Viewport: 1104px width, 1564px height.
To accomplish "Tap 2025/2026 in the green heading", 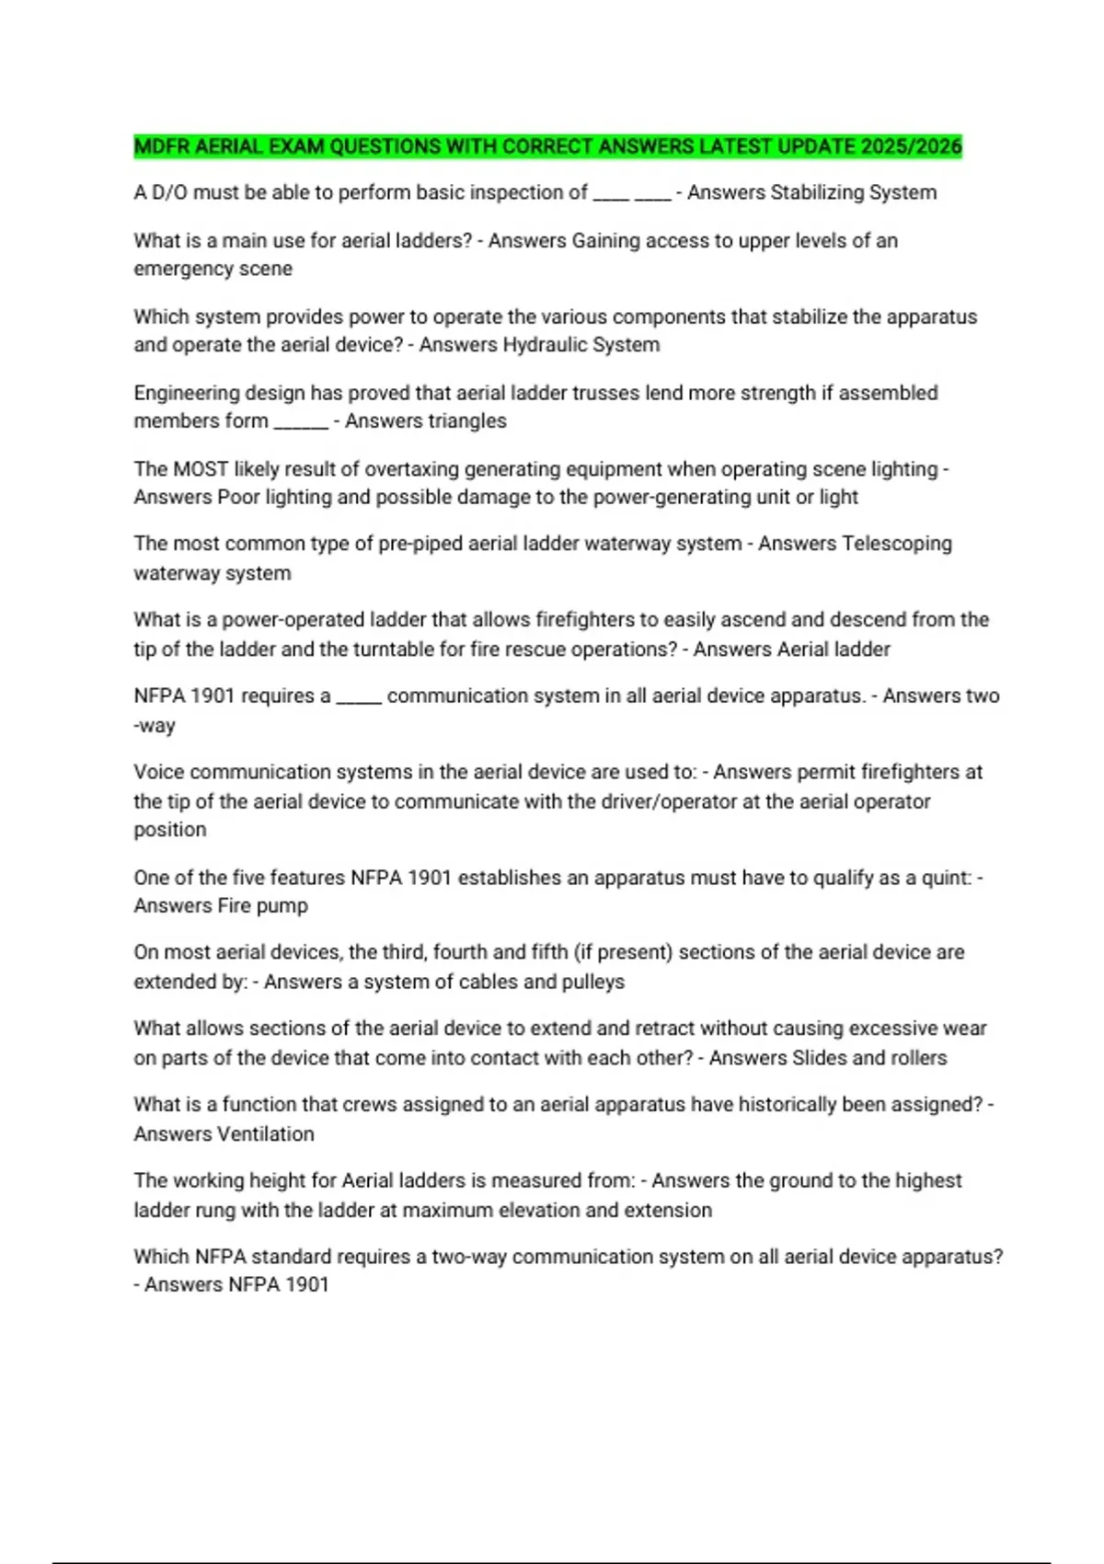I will click(911, 146).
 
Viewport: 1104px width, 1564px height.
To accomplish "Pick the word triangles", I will click(462, 421).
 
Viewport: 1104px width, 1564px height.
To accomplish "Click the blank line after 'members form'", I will click(301, 425).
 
